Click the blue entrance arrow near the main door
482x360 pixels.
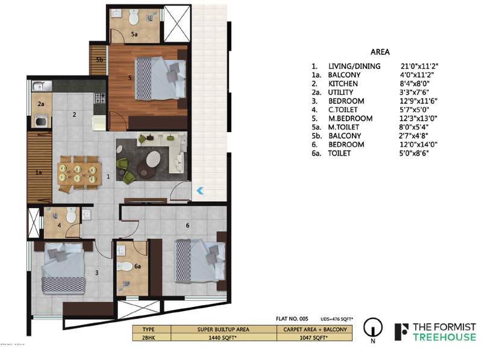[200, 191]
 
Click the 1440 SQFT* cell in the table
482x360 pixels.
[224, 339]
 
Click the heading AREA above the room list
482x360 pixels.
[380, 52]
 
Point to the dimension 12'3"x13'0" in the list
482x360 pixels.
[417, 119]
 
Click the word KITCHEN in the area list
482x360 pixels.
[343, 84]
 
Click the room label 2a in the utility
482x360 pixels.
[41, 104]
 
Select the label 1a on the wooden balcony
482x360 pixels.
[39, 173]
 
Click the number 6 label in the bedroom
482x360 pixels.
[188, 226]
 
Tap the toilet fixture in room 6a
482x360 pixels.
[127, 266]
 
